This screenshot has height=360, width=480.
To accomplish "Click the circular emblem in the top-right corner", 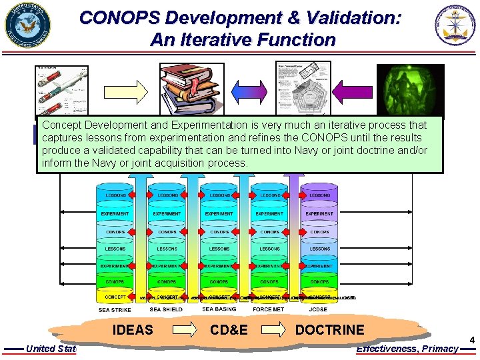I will (x=456, y=26).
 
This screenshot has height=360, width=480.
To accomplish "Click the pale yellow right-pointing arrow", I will (x=135, y=91).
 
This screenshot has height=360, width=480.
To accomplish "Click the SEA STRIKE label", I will (x=115, y=310).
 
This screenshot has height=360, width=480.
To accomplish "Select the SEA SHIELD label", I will (x=166, y=310).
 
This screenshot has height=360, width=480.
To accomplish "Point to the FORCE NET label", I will (x=269, y=310).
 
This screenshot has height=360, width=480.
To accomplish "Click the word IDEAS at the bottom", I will (x=133, y=330).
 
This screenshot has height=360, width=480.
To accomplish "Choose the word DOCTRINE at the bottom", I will (x=329, y=330).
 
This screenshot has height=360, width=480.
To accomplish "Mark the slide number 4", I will (x=472, y=340).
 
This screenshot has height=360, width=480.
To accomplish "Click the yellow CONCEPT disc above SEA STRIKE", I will (x=115, y=297).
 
